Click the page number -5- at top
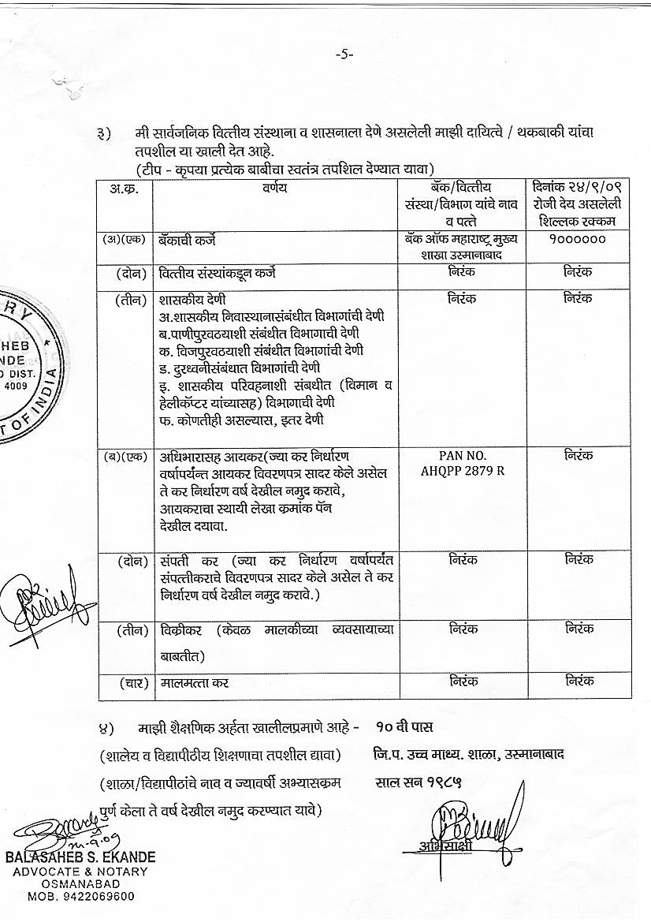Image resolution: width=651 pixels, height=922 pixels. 344,54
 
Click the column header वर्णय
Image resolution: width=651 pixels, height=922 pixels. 275,188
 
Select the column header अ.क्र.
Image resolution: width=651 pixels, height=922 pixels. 125,189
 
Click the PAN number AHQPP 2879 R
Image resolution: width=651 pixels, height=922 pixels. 463,464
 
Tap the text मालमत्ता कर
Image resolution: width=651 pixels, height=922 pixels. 194,682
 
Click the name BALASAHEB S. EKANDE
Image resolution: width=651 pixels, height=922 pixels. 80,857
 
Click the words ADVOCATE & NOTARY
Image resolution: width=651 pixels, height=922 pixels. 81,871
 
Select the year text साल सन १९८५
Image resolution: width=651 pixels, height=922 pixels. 418,784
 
